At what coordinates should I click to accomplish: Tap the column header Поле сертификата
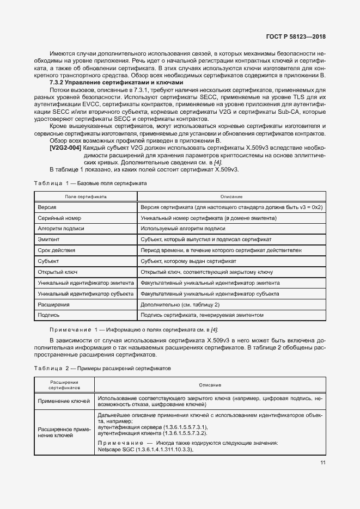point(86,196)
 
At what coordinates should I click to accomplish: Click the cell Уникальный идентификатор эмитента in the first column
point(86,283)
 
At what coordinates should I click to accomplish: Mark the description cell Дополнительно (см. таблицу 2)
point(180,304)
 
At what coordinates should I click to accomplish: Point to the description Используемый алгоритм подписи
point(182,229)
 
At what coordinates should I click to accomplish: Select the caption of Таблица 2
point(102,368)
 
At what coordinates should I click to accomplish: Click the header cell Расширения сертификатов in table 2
point(64,385)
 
